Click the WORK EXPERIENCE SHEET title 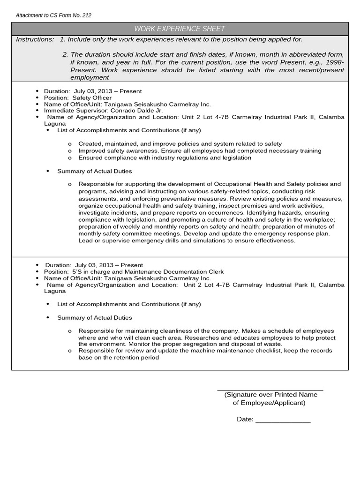coord(180,29)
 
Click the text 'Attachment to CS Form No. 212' coord(53,15)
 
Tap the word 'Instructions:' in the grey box coord(35,40)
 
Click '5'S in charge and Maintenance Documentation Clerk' coord(148,272)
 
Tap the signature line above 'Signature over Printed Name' coord(270,390)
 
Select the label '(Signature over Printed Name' coord(270,395)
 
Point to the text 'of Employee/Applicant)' coord(269,403)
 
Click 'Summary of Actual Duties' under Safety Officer coord(94,172)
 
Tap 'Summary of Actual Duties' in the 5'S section coord(94,318)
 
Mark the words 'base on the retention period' coord(119,358)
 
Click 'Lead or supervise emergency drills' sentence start coord(127,240)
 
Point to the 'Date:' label coord(245,420)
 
